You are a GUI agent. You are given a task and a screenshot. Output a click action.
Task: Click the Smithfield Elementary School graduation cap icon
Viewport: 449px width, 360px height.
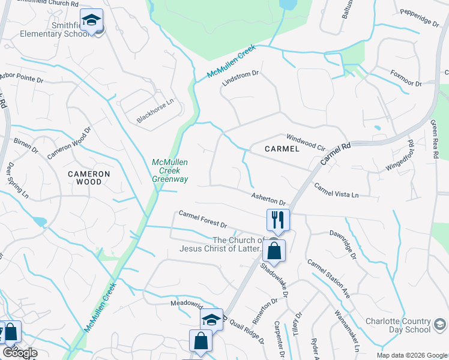pos(91,22)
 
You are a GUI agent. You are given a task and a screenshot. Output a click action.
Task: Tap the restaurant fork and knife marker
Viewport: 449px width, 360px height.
pos(278,220)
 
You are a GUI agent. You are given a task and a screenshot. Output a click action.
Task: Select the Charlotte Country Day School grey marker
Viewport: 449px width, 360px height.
pos(440,325)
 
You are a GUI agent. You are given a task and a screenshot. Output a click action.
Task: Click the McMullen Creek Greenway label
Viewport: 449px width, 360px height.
pos(170,170)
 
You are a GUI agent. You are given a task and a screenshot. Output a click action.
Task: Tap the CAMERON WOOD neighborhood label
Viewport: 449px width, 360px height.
pos(89,178)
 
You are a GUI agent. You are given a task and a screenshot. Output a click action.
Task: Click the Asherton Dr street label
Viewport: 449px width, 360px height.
pos(268,199)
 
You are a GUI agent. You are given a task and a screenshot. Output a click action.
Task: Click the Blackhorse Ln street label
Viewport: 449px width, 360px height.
pos(155,110)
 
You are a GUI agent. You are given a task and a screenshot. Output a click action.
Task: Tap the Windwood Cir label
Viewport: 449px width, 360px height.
pos(306,141)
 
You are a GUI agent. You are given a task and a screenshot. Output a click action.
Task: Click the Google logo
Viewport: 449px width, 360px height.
pos(19,353)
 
